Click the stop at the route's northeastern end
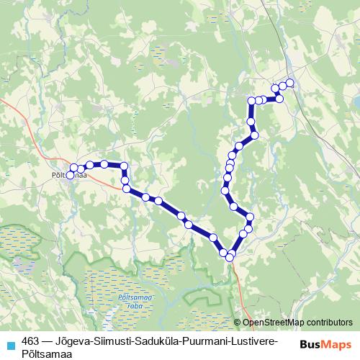click(x=290, y=82)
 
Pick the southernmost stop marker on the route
click(x=230, y=257)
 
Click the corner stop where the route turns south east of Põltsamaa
click(x=124, y=166)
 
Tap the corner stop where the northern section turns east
click(x=252, y=101)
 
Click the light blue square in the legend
click(x=10, y=343)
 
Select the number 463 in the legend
click(x=30, y=339)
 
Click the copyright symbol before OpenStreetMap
click(x=238, y=323)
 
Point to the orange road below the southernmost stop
click(x=237, y=281)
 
